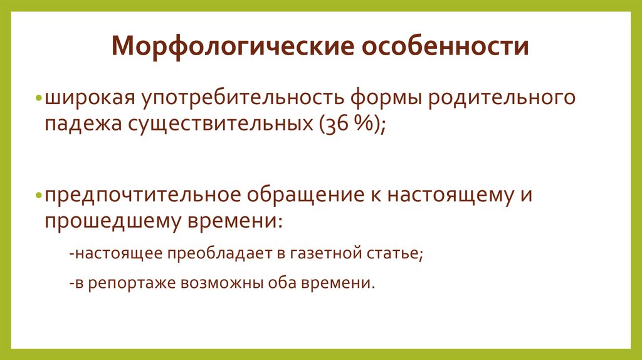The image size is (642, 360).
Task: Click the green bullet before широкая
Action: pyautogui.click(x=39, y=100)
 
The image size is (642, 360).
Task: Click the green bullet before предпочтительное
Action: pyautogui.click(x=39, y=196)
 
